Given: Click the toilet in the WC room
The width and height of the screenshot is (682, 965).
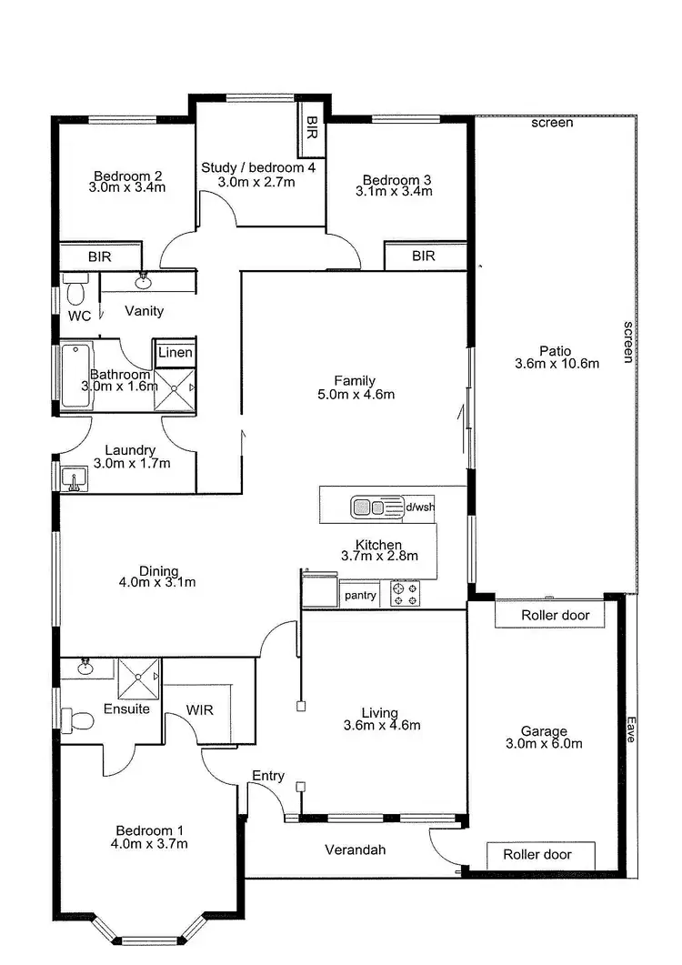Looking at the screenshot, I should (75, 293).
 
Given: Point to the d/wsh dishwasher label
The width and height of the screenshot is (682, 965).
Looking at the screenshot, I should (419, 507).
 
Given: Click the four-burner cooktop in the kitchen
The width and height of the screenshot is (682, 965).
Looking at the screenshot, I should (405, 594).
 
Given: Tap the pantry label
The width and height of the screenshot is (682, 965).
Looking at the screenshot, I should (360, 595).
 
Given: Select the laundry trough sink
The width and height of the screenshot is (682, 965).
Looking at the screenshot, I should (74, 477).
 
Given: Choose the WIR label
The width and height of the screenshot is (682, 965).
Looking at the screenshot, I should (199, 709).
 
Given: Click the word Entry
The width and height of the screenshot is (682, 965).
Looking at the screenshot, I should (268, 776).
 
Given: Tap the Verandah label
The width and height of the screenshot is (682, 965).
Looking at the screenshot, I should (356, 850).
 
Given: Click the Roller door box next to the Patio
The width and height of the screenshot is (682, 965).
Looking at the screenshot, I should (555, 615).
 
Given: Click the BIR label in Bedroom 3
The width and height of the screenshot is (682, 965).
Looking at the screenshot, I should (424, 256).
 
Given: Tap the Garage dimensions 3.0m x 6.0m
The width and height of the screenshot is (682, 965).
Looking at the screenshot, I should (545, 743).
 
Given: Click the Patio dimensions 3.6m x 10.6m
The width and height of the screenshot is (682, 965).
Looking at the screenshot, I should (557, 364).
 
